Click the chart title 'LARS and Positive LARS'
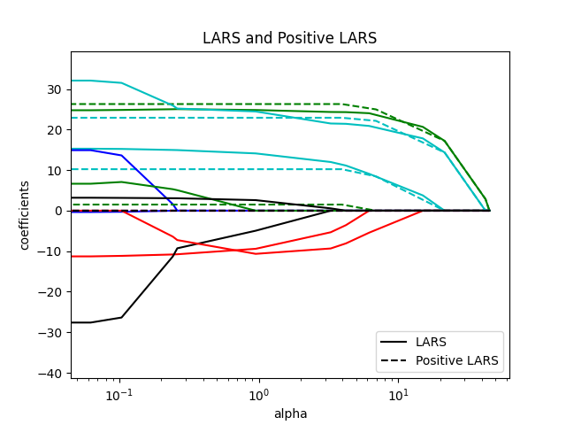(289, 38)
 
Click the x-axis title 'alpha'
(289, 413)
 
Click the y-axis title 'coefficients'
(25, 215)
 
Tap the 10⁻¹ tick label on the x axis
(119, 394)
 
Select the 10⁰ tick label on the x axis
(258, 394)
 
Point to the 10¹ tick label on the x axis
(398, 394)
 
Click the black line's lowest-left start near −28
(73, 322)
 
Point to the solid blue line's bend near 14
(121, 155)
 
